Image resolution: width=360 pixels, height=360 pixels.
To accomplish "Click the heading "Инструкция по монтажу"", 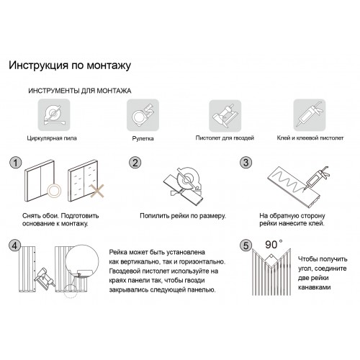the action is coord(70,66).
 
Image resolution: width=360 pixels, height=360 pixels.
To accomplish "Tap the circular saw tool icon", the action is coord(54,115).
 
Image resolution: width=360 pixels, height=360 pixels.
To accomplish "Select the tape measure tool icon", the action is coord(143,115).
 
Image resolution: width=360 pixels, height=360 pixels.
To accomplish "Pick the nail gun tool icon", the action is coord(225,115).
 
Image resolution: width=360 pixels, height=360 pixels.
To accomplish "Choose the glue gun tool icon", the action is coord(310,115).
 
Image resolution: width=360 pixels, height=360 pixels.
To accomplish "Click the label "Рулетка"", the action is coord(143,138).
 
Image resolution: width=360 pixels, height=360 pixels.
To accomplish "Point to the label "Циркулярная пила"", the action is coord(52,138).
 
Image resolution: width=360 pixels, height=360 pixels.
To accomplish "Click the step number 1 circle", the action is coord(16,163).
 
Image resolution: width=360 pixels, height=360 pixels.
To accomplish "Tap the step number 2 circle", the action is coord(135,163).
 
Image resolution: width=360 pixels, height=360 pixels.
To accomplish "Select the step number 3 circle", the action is coord(246,163).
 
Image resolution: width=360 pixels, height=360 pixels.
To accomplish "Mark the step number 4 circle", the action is coord(15,246).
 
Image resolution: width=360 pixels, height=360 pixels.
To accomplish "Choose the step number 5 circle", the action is coord(246,246).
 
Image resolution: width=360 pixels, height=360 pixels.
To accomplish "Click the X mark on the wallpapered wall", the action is coord(97,191).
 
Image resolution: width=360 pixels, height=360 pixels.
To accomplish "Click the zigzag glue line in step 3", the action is coord(288,181).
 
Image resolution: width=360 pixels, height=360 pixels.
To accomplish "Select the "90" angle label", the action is coord(271,245).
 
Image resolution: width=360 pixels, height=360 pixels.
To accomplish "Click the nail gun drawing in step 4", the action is coord(45,277).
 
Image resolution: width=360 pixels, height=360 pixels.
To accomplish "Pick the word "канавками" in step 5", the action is coord(315,287).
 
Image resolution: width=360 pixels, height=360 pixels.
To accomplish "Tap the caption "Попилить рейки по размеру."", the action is coord(183,216).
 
